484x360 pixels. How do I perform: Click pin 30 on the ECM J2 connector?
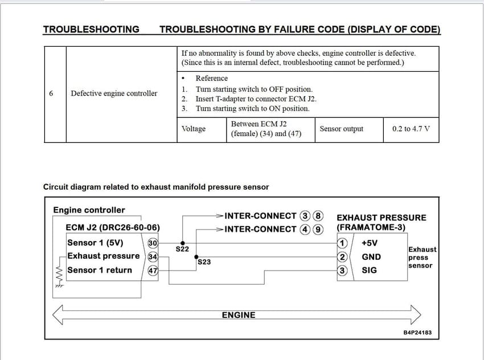[152, 243]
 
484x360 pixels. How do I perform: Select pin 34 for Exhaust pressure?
[152, 256]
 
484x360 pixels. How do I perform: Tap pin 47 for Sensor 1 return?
[152, 271]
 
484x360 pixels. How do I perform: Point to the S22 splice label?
[182, 249]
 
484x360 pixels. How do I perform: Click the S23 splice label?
[204, 262]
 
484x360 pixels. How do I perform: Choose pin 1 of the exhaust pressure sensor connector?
[342, 243]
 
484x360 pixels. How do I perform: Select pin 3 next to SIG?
[342, 271]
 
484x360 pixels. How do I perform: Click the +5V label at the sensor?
[370, 243]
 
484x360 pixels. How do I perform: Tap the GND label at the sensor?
[371, 257]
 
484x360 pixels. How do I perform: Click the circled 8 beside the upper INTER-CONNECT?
[318, 216]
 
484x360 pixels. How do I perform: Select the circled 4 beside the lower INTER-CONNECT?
[306, 229]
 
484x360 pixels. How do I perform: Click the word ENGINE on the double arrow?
[239, 314]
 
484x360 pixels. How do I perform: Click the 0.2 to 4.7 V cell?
[411, 129]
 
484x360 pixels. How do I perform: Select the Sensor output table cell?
[341, 129]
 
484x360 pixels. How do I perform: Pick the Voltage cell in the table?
[193, 129]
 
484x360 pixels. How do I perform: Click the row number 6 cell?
[51, 93]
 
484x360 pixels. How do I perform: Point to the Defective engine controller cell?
[114, 93]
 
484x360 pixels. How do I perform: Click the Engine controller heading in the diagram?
[89, 210]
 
